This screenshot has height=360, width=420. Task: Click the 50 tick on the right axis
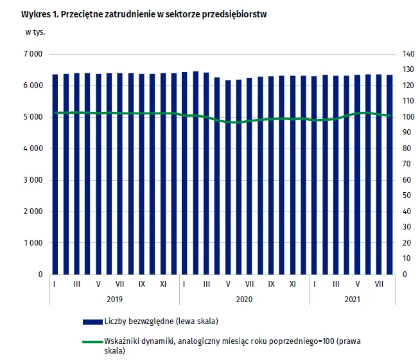click(x=407, y=195)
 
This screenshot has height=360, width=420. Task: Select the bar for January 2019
click(x=55, y=174)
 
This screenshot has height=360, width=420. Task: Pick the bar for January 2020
click(x=185, y=173)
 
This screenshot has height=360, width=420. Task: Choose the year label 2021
click(x=352, y=298)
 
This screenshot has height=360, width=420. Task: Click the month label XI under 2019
click(x=163, y=283)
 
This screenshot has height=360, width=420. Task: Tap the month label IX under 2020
click(x=271, y=283)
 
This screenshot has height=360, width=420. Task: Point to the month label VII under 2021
click(x=379, y=283)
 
